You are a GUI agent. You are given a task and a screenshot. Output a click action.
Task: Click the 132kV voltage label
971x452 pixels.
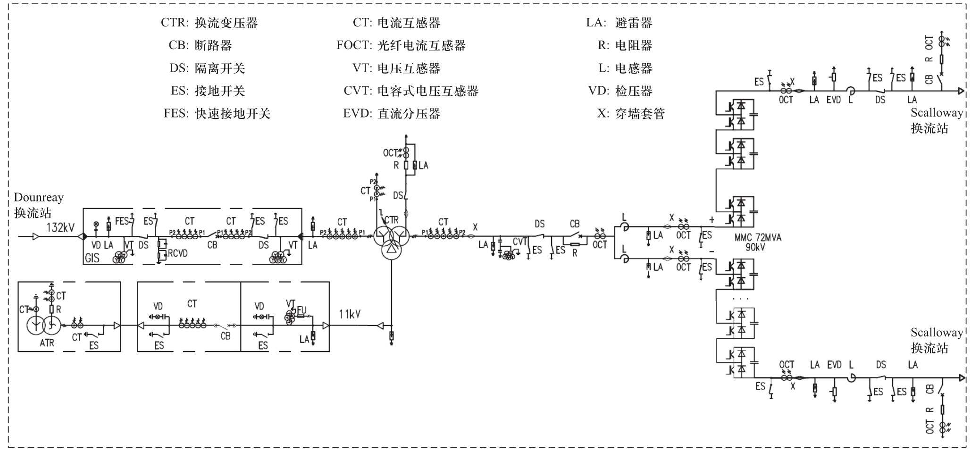coord(60,228)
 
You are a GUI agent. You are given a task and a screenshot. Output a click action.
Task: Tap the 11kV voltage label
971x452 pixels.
coord(350,314)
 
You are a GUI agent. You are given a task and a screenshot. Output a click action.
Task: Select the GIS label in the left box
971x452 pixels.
coord(92,258)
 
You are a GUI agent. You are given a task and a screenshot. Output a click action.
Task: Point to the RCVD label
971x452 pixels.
coord(178,253)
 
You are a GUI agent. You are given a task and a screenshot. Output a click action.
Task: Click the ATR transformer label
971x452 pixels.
coord(47,343)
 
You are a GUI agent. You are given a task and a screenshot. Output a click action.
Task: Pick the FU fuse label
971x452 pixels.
coord(301,310)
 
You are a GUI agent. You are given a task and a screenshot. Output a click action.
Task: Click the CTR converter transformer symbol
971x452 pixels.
coord(391,238)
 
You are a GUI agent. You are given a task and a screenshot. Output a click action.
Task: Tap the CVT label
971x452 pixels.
coord(519,242)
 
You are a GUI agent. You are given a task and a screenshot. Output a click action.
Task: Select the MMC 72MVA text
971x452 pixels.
coord(758,238)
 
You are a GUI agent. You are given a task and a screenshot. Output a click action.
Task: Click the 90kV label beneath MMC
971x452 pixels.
coord(755,247)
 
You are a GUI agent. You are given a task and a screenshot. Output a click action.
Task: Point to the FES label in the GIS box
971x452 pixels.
coord(122,221)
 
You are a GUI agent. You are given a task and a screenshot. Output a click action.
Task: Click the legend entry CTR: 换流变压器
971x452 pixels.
coord(209,23)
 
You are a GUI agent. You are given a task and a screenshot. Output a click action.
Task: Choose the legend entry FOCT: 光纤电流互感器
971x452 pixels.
coord(401,45)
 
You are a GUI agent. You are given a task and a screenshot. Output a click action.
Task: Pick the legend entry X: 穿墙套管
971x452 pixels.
coord(631,113)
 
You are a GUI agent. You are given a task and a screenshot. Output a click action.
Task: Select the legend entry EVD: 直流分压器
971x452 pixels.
coord(392,113)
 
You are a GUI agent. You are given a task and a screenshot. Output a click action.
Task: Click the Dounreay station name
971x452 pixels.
coord(39,205)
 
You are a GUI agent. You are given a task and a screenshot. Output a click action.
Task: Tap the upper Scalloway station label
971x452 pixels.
coord(937,120)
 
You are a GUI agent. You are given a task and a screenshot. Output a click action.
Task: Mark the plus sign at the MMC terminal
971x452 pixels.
coord(712,219)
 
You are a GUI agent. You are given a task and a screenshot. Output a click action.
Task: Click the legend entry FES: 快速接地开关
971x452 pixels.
coord(217,113)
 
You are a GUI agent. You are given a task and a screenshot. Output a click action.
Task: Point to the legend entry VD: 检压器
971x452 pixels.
coord(620,91)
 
